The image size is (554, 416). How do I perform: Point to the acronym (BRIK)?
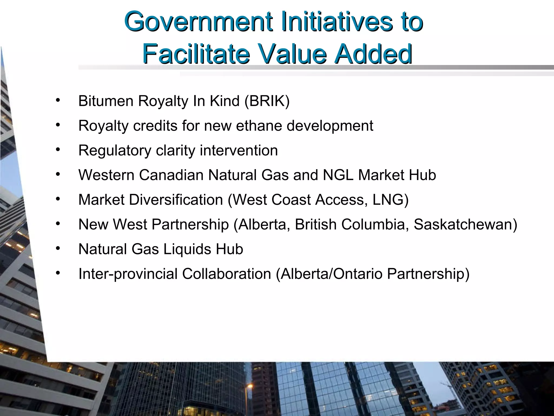pos(267,101)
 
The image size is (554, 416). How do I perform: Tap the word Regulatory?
pos(115,151)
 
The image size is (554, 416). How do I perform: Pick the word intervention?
pos(239,150)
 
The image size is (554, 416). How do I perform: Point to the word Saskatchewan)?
pos(465,225)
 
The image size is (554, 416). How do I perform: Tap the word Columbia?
pos(375,225)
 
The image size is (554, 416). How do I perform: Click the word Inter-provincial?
pos(128,274)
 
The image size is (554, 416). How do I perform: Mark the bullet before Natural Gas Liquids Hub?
pos(57,248)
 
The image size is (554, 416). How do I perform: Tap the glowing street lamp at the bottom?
pos(250,386)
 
